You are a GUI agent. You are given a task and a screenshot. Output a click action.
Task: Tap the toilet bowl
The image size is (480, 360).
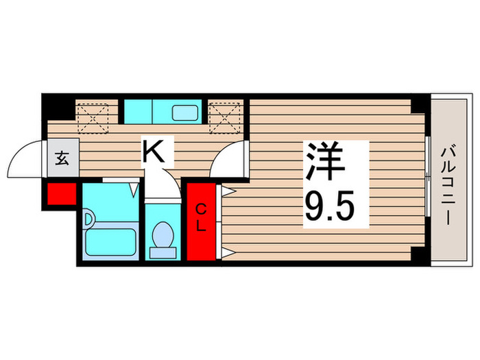[163, 237]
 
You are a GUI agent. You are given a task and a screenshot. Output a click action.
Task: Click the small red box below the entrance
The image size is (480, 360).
[61, 194]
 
